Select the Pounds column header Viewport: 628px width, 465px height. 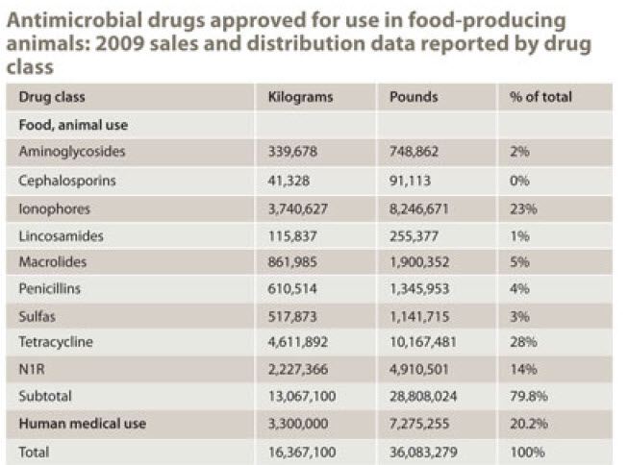[x=414, y=97]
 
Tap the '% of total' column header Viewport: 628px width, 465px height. [x=536, y=97]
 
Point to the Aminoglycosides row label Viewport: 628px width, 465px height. [x=72, y=151]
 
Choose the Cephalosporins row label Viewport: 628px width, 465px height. [x=66, y=178]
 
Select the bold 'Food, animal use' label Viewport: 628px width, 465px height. [x=72, y=124]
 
